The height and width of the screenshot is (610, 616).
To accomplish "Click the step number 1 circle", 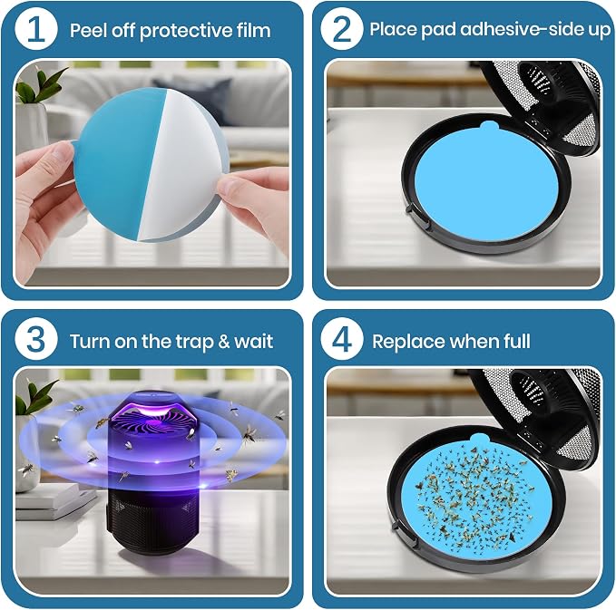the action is tap(36, 29).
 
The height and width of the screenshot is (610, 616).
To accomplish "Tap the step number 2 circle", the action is tap(341, 29).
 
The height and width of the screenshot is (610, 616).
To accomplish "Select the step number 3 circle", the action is tap(36, 339).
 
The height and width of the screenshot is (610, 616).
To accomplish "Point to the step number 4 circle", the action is tap(341, 339).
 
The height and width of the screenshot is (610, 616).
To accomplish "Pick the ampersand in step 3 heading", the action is tap(224, 341).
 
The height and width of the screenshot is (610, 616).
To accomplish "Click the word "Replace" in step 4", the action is tap(405, 341).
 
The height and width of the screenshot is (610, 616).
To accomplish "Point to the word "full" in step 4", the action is tap(517, 341).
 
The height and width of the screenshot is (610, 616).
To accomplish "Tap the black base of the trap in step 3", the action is tap(152, 518).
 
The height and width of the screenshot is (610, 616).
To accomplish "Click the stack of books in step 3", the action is tap(55, 500).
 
